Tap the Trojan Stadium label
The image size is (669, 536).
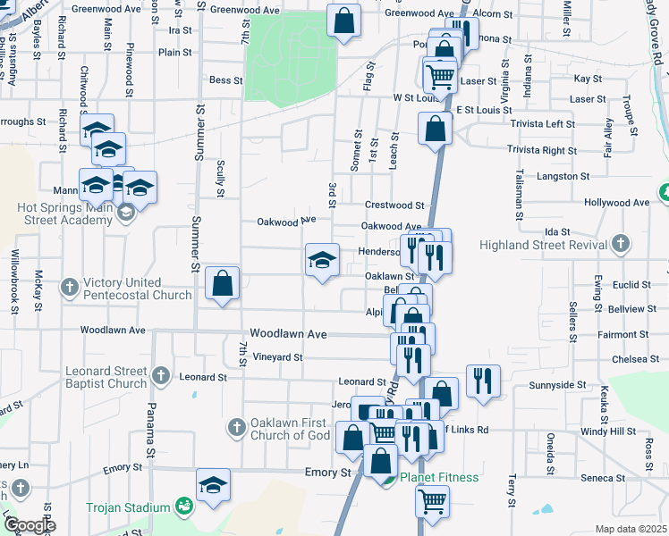point(128,507)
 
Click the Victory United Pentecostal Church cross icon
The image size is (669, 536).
point(70,288)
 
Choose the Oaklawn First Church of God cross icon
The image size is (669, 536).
point(236,427)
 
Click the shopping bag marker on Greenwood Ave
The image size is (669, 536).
point(343,21)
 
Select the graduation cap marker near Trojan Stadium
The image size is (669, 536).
point(213,486)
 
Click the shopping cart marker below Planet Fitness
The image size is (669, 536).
point(432,501)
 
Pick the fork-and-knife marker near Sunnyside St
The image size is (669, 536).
point(483,381)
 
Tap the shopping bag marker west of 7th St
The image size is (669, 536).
point(223,284)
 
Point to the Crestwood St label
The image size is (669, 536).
point(394,205)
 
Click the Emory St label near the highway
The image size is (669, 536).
point(326,472)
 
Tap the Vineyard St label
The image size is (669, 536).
point(277,356)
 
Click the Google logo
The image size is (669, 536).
point(30,524)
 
